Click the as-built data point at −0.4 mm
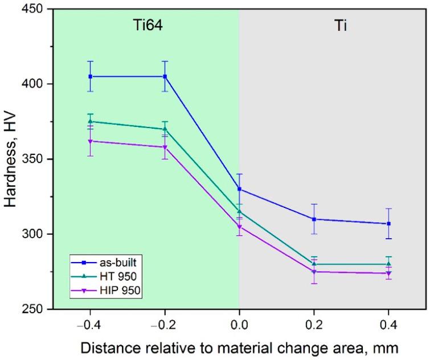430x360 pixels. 90,76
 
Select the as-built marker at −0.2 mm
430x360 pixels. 165,76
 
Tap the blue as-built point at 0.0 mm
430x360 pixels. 239,189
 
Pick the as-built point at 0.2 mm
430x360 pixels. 314,219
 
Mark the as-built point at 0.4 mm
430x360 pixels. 388,223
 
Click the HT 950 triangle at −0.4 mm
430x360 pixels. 90,121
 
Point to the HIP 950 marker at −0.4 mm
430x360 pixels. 90,141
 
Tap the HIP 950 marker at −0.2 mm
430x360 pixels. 165,147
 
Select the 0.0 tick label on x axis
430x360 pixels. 239,323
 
